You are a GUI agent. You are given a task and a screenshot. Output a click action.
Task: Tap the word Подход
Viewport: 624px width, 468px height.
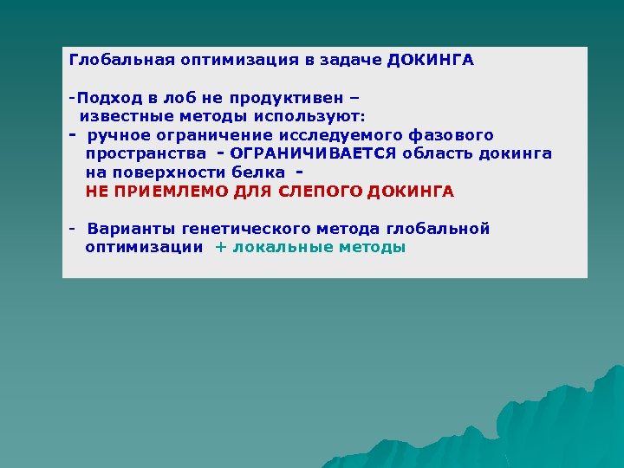(x=104, y=97)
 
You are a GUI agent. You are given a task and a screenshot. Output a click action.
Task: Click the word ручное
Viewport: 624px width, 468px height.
(x=120, y=135)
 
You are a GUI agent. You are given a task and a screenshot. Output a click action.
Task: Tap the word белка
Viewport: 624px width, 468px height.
(x=258, y=172)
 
